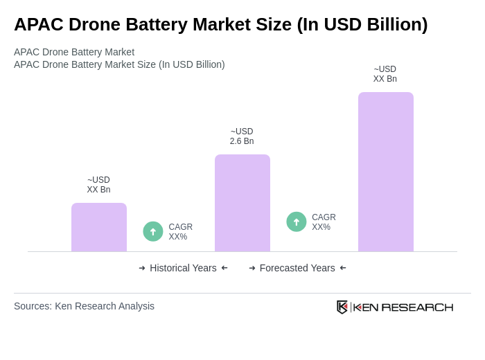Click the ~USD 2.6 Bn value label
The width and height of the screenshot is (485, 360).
[x=242, y=136]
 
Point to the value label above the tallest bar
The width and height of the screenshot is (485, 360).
[x=385, y=74]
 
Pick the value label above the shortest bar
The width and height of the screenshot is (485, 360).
[x=98, y=185]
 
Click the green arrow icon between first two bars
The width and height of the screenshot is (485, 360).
[x=153, y=232]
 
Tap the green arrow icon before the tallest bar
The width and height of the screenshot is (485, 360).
[x=297, y=222]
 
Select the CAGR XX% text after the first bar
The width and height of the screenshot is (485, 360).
[x=180, y=232]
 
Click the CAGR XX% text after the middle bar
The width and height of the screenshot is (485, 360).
[x=324, y=222]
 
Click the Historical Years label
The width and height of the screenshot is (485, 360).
[x=183, y=268]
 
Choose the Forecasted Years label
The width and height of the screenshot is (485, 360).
[x=297, y=268]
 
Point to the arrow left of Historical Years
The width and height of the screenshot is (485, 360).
[x=142, y=268]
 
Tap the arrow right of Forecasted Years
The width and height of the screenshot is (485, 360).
[x=343, y=268]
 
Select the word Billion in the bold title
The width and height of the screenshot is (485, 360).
[x=391, y=24]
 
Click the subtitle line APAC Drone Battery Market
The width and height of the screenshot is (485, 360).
[x=74, y=52]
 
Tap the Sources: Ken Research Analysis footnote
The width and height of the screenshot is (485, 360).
[x=84, y=306]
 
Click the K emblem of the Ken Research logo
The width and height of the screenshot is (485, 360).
[x=342, y=307]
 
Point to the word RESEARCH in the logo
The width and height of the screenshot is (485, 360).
[x=417, y=307]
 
